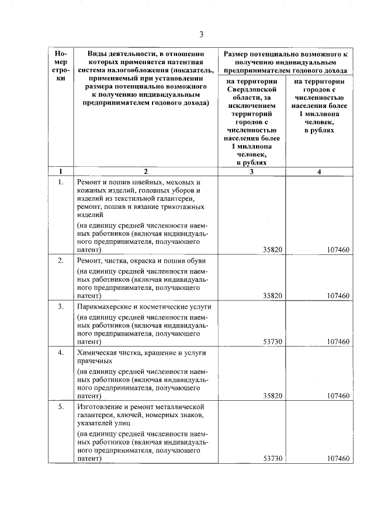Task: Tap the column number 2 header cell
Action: tap(146, 172)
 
